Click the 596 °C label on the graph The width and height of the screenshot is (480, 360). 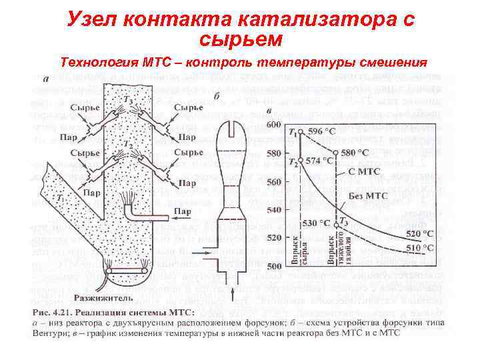(321, 131)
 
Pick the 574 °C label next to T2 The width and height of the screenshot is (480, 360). (318, 161)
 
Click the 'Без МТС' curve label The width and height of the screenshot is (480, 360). (367, 196)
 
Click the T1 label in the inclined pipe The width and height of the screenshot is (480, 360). (59, 198)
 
